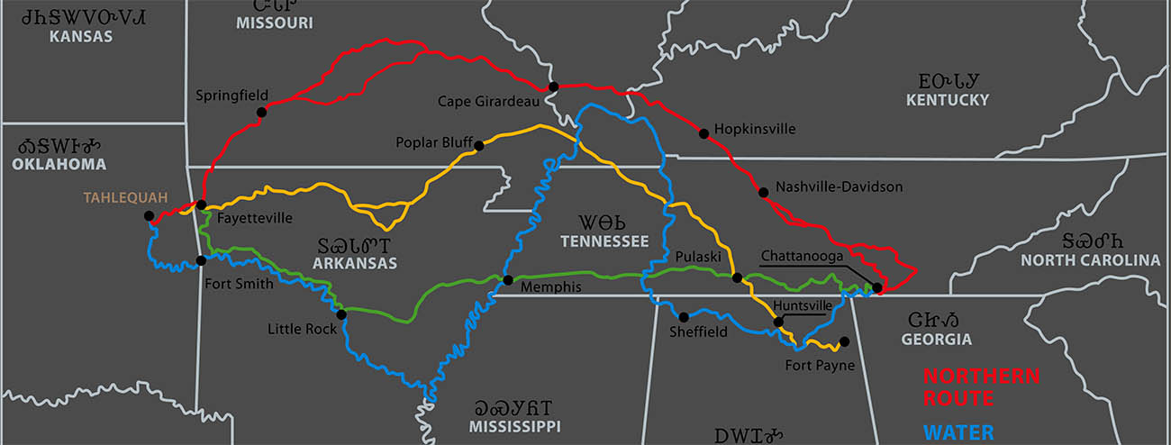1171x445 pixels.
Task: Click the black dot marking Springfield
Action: [x=261, y=112]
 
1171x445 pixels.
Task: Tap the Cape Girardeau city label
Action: [x=488, y=101]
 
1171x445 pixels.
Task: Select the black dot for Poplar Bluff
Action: [x=478, y=145]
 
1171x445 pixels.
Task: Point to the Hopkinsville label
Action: [x=755, y=129]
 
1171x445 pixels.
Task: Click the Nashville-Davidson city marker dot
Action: [x=763, y=192]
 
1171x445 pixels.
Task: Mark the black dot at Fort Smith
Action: [x=201, y=261]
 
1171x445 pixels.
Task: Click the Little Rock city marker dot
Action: [x=341, y=314]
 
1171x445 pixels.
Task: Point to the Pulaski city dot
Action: [x=737, y=277]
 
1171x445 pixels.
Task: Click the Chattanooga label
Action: [x=801, y=256]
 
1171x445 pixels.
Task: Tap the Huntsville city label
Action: [x=803, y=305]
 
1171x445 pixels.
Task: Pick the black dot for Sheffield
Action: [x=684, y=316]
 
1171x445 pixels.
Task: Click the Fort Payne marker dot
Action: [x=844, y=341]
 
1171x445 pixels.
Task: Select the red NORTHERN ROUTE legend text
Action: [x=981, y=386]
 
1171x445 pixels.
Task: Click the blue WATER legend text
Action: [x=958, y=431]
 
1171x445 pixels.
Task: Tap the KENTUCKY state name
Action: [x=948, y=100]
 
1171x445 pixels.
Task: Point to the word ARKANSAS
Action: [x=355, y=264]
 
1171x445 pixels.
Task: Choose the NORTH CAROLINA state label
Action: [x=1090, y=260]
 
